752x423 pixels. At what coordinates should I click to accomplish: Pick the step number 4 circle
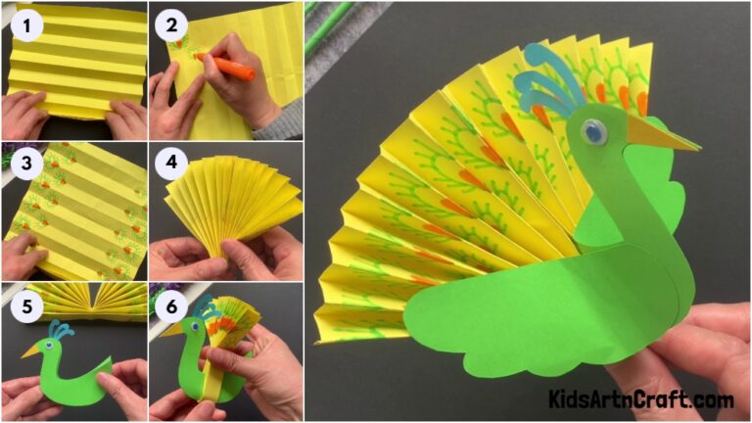tap(172, 164)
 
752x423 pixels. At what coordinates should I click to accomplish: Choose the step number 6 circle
tap(172, 306)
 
